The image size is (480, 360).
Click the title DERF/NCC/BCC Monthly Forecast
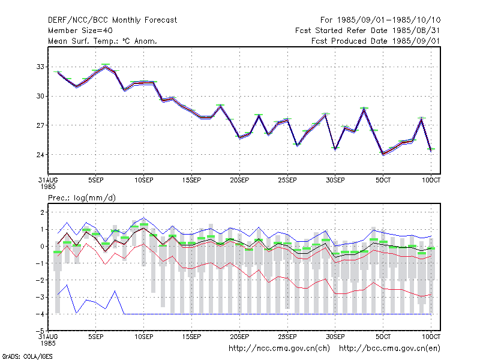[x=112, y=20]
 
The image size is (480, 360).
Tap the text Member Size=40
[x=80, y=31]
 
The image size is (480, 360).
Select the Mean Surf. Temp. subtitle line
[x=103, y=41]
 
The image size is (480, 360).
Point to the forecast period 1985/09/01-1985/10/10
[x=380, y=20]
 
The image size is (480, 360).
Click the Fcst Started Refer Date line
[x=368, y=31]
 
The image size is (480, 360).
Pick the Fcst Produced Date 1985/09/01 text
[x=376, y=41]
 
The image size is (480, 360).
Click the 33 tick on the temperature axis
[x=40, y=67]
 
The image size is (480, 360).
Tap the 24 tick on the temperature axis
[x=40, y=155]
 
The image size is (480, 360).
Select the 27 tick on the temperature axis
[x=40, y=125]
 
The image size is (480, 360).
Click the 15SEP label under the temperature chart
[x=191, y=181]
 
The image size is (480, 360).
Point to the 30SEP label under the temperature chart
[x=335, y=181]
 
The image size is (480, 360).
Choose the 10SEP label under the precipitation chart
[x=144, y=337]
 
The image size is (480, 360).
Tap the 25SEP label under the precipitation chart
[x=287, y=337]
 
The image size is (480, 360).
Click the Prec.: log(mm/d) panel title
[x=82, y=198]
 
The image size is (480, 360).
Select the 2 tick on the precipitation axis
[x=42, y=212]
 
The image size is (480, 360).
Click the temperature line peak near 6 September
[x=106, y=67]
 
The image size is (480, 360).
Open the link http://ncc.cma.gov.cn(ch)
[x=279, y=349]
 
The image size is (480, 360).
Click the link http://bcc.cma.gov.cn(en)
[x=389, y=349]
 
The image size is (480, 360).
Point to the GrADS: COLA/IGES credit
[x=27, y=356]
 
